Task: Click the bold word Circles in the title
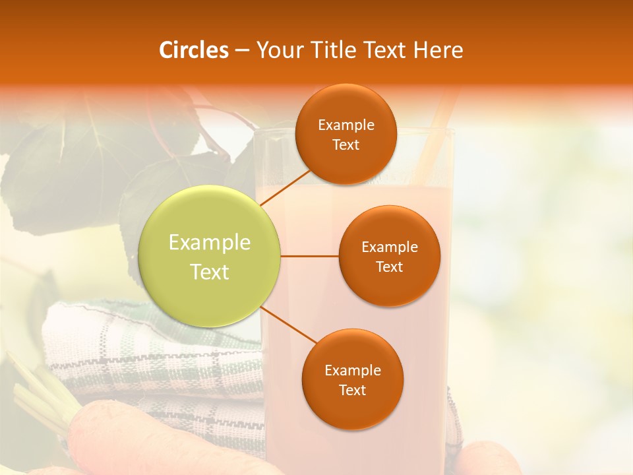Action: (x=194, y=50)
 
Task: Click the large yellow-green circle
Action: (x=210, y=256)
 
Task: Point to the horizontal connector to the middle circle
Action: (x=310, y=256)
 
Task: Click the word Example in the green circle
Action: (x=210, y=243)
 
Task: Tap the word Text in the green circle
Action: (x=210, y=272)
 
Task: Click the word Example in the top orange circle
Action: (x=346, y=125)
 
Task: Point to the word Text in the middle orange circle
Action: (x=389, y=267)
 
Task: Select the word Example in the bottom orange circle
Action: (x=352, y=370)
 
